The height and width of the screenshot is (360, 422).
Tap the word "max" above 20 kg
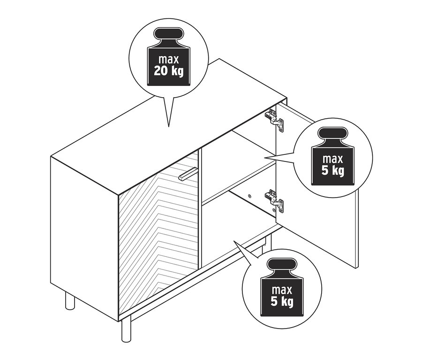(x=169, y=60)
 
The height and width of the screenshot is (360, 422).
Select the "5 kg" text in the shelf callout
(x=333, y=170)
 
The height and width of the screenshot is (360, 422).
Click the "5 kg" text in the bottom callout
(x=281, y=301)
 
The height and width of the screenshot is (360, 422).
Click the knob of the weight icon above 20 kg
(x=169, y=35)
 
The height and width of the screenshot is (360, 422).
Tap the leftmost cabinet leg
(x=70, y=300)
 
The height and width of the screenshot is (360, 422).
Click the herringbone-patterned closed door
(x=159, y=225)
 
